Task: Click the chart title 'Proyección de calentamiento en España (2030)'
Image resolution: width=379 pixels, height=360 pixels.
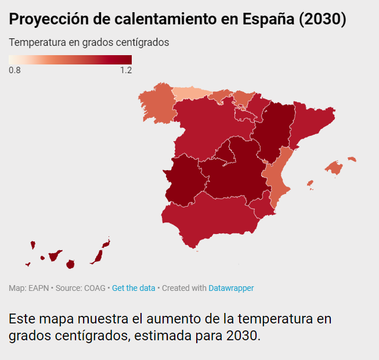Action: (x=178, y=20)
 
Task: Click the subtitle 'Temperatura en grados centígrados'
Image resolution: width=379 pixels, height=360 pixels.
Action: (x=89, y=43)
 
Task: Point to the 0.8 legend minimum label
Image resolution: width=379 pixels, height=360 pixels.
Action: (x=15, y=71)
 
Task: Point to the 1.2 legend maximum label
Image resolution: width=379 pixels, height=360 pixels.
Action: (x=125, y=71)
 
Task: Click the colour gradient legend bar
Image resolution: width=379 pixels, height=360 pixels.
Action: (x=70, y=59)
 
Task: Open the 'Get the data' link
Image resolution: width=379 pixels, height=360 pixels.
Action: (x=133, y=288)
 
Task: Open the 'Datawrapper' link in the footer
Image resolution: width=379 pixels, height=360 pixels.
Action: (x=231, y=288)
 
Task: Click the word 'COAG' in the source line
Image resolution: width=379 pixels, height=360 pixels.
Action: (x=95, y=288)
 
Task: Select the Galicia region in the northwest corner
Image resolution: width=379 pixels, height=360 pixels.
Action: (x=156, y=105)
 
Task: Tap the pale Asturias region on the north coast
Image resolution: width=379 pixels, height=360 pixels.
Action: (x=190, y=93)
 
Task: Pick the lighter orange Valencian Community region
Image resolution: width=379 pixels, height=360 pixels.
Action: (x=277, y=174)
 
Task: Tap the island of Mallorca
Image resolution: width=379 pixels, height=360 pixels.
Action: (x=334, y=168)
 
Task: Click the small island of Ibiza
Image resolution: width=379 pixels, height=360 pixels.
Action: (x=310, y=185)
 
